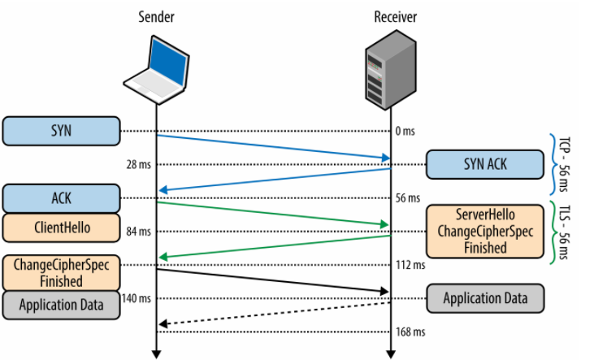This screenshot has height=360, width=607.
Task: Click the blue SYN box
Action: click(61, 130)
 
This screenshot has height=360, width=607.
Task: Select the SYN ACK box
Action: click(484, 164)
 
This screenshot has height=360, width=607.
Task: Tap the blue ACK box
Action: click(61, 198)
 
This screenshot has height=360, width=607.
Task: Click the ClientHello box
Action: click(61, 228)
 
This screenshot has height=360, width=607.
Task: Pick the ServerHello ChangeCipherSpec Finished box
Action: click(484, 232)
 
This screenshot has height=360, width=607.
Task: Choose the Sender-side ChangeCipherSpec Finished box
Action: click(61, 272)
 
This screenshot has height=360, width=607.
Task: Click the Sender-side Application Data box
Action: click(61, 306)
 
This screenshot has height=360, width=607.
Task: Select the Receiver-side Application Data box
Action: click(484, 298)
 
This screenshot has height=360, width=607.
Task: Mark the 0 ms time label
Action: click(405, 131)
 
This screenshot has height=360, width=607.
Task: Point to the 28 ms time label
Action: click(137, 164)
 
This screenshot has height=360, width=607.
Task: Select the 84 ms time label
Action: click(137, 232)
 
